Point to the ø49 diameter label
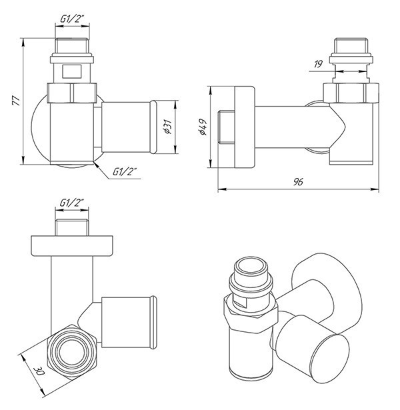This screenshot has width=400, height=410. point(202,127)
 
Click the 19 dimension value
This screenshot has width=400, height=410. point(319,63)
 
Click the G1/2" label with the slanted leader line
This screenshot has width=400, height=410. point(125,173)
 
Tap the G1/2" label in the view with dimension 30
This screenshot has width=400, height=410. point(72,203)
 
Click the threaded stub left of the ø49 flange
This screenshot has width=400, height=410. point(227,127)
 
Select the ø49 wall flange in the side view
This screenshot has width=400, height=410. point(243,127)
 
